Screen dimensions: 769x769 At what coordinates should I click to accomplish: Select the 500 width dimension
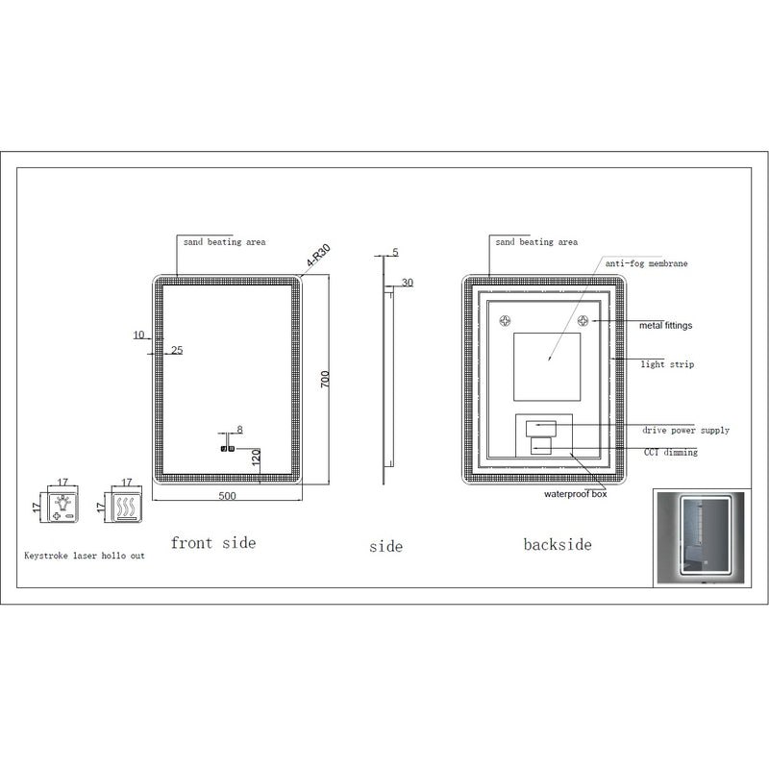pyautogui.click(x=228, y=495)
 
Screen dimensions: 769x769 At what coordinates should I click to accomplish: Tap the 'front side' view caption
pyautogui.click(x=213, y=543)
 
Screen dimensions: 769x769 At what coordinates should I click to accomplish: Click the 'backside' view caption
pyautogui.click(x=558, y=545)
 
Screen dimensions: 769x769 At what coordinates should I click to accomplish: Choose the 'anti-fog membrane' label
pyautogui.click(x=646, y=262)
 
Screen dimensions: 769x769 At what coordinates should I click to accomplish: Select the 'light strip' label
pyautogui.click(x=667, y=365)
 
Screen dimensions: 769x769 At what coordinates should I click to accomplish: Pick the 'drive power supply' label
pyautogui.click(x=685, y=431)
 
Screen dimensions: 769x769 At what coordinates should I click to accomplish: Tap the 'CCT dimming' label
pyautogui.click(x=670, y=452)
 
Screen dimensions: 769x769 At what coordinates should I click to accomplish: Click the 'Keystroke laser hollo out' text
pyautogui.click(x=85, y=557)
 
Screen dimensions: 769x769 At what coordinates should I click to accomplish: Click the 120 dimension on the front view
pyautogui.click(x=257, y=458)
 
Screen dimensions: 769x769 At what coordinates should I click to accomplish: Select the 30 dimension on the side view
pyautogui.click(x=408, y=283)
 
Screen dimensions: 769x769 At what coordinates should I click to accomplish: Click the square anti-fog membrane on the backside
pyautogui.click(x=549, y=367)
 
